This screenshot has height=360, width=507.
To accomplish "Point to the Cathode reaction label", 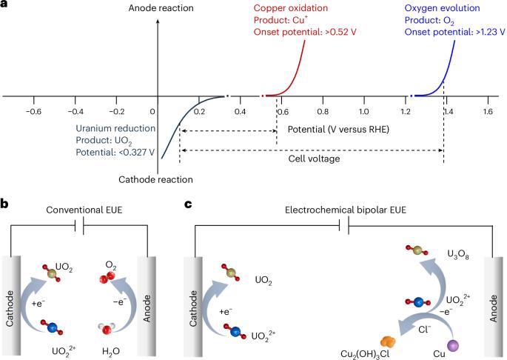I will (156, 179).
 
